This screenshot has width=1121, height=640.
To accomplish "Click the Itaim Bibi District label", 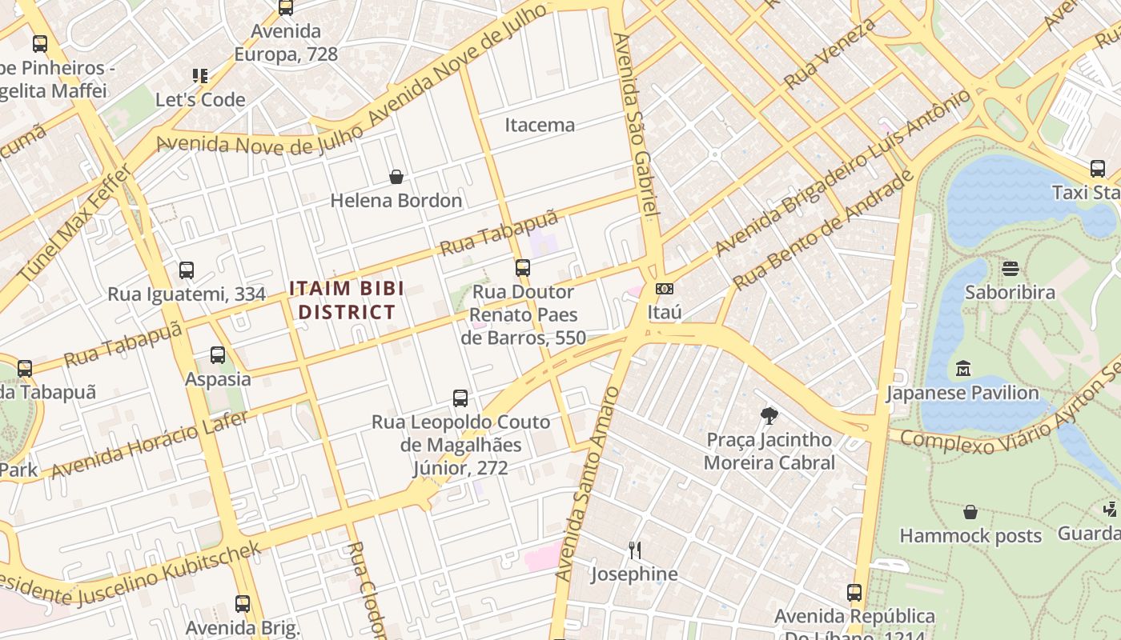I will pos(347,300).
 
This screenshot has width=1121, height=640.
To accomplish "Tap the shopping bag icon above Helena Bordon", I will pos(396,177).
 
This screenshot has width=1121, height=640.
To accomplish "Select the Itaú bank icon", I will pos(664,289).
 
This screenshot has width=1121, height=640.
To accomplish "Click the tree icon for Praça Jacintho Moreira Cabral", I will pos(769,415).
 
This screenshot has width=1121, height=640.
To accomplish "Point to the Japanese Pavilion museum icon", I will pos(963,369).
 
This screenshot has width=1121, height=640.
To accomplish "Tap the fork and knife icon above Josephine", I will pos(634,550).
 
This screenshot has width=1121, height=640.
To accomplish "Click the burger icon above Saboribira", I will pos(1010,268).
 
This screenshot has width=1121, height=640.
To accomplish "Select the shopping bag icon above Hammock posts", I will pos(970,512).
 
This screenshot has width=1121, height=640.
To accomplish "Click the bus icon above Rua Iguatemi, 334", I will pos(187,270).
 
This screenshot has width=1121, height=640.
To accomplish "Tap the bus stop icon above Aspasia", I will pos(218,355).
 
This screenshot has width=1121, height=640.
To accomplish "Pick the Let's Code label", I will pos(200,100).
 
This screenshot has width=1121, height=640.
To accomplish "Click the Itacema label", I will pos(540,125).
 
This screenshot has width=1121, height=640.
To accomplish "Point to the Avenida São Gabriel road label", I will pos(637,124).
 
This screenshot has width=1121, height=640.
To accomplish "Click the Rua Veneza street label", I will pos(830,54).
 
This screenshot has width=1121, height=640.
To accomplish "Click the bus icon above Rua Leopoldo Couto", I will pos(460,398).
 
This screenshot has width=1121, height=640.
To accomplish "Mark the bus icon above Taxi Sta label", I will pos(1097,169).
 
